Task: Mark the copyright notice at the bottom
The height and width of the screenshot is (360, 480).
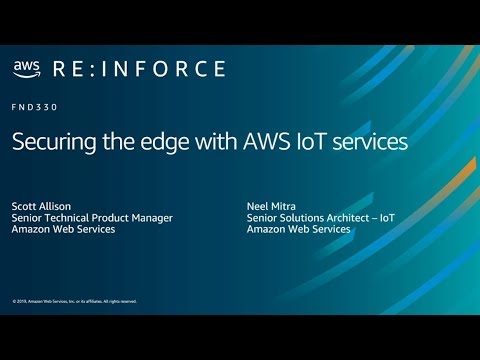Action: click(75, 301)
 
